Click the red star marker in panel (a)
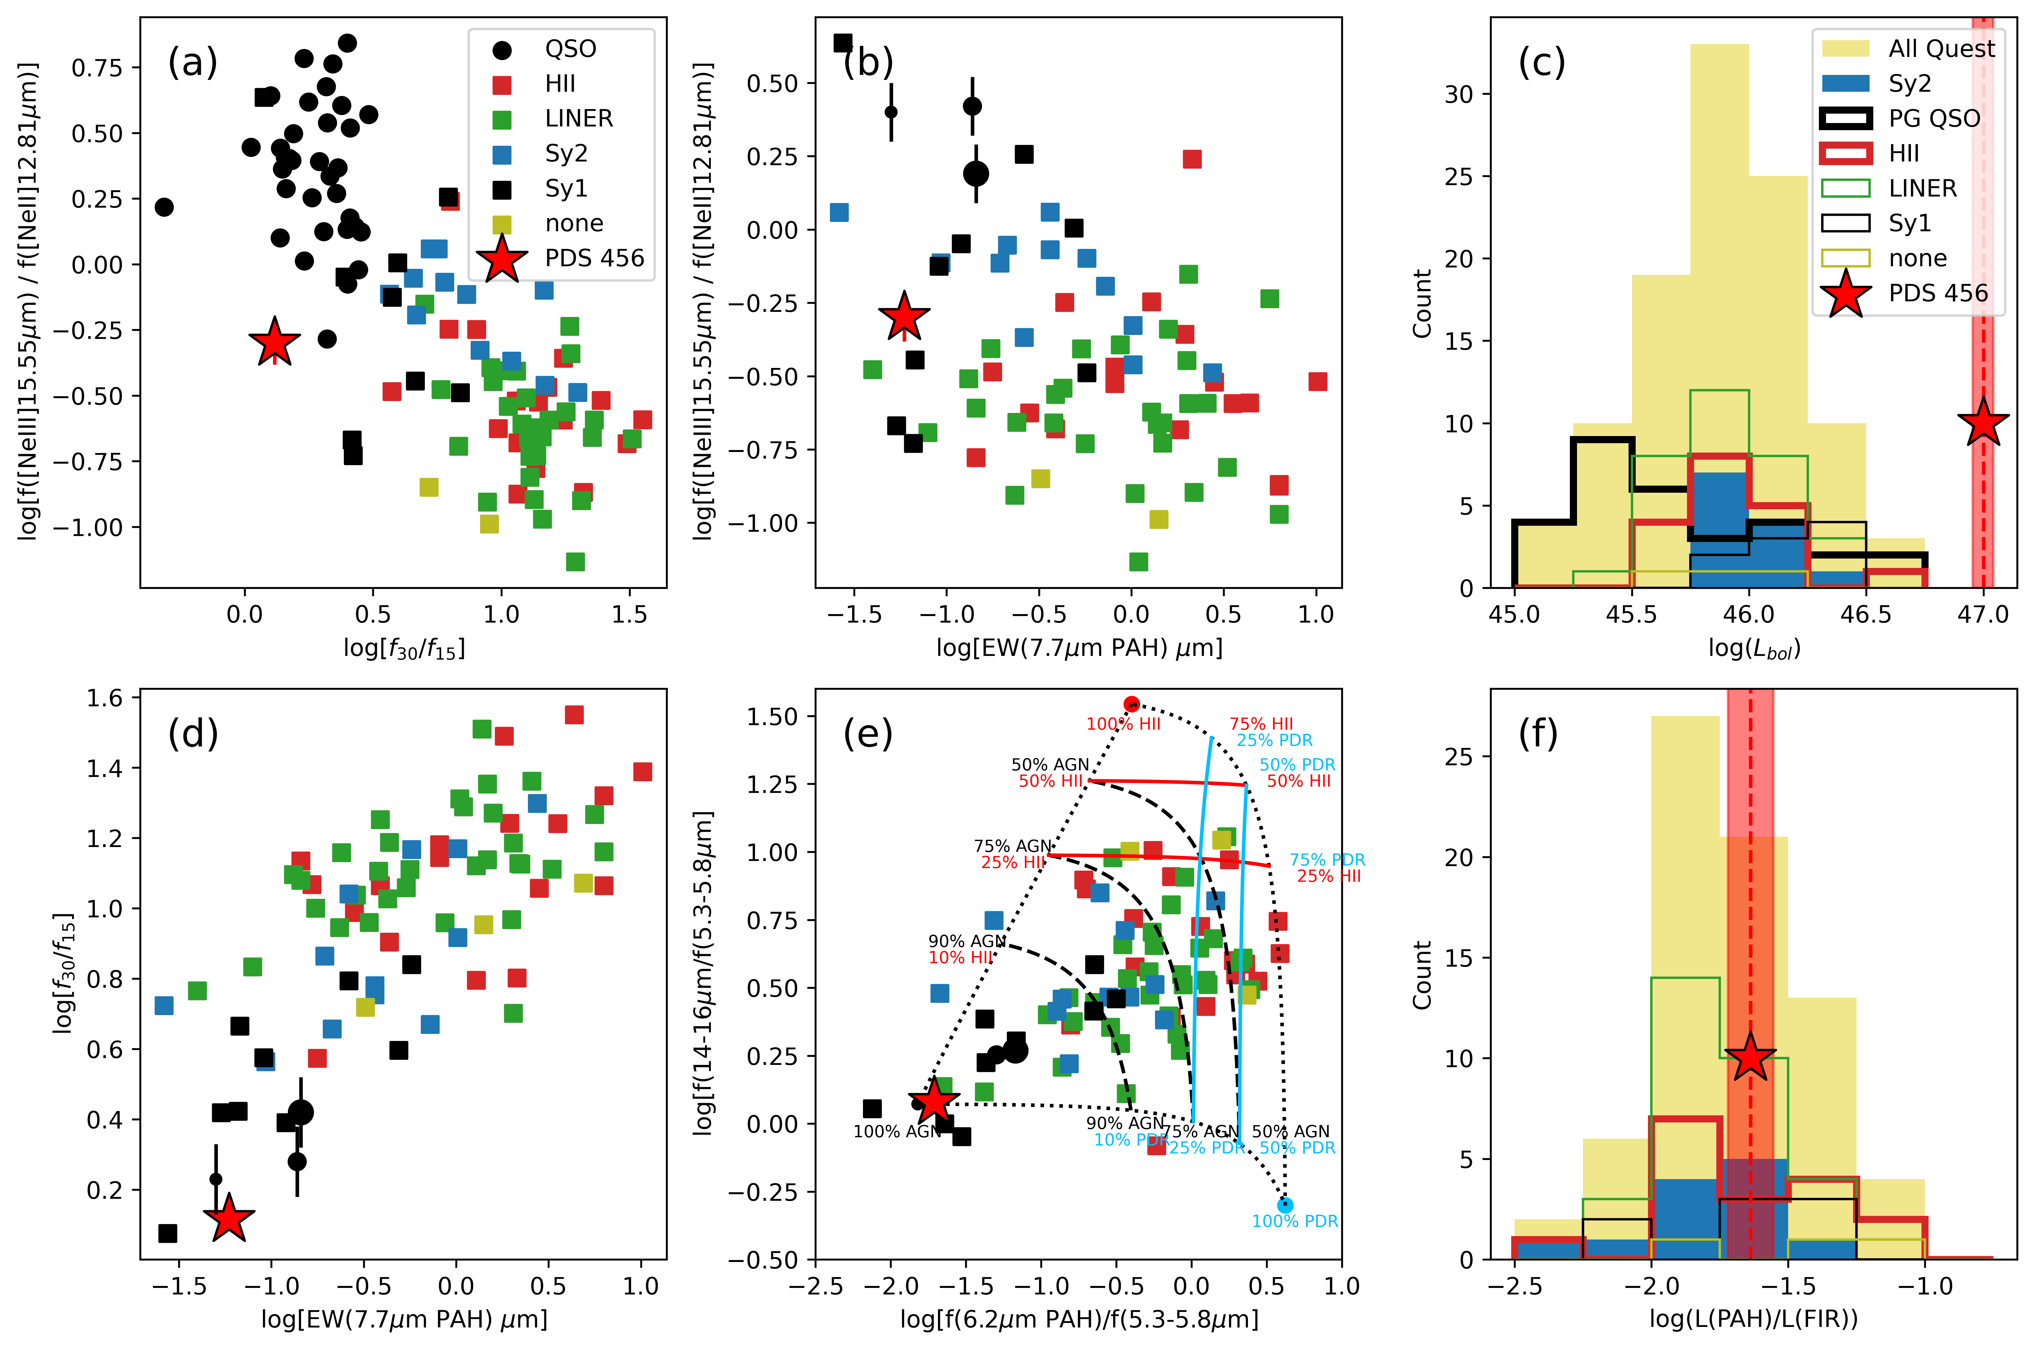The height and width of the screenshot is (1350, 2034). tap(274, 342)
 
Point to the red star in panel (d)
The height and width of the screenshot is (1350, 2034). tap(228, 1218)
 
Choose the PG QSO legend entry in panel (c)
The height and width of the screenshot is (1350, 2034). tap(1934, 119)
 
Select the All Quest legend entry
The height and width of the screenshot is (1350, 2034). tap(1941, 49)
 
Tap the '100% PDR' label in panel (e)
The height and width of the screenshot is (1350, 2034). tap(1294, 1221)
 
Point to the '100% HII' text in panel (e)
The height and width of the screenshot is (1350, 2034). tap(1123, 724)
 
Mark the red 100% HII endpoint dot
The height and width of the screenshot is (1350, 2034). tap(1131, 703)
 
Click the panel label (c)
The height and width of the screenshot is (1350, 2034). tap(1541, 62)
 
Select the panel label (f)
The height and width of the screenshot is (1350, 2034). tap(1538, 734)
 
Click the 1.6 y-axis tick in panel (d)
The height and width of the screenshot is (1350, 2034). tap(105, 697)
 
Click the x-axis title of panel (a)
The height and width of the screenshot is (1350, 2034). tap(404, 647)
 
